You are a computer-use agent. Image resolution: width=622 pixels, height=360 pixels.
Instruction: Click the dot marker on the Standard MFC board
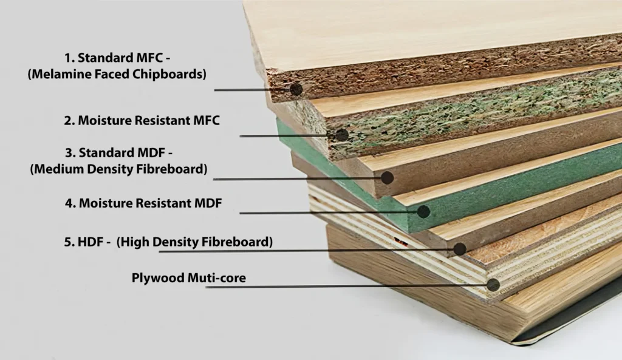pyautogui.click(x=296, y=89)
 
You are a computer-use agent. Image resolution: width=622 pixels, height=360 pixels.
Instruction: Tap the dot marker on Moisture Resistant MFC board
pyautogui.click(x=342, y=135)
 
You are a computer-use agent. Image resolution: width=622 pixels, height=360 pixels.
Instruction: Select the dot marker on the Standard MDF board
pyautogui.click(x=387, y=177)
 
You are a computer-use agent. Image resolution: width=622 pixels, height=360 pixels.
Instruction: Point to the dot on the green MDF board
pyautogui.click(x=423, y=211)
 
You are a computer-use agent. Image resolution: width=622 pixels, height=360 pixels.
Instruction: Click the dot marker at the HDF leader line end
pyautogui.click(x=460, y=249)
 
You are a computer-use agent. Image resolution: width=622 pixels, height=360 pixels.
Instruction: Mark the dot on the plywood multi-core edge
pyautogui.click(x=493, y=285)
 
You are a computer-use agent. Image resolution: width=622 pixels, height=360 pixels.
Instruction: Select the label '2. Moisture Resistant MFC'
pyautogui.click(x=142, y=120)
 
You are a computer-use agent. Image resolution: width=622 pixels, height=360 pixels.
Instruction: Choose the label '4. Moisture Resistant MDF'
pyautogui.click(x=143, y=203)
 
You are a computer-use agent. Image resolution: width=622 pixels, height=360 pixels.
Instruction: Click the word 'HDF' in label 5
pyautogui.click(x=91, y=242)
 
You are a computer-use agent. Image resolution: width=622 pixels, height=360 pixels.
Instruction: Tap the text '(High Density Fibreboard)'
pyautogui.click(x=194, y=242)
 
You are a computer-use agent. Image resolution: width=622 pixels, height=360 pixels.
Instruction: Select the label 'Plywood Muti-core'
pyautogui.click(x=189, y=278)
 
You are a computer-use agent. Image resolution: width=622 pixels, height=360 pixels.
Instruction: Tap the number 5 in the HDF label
pyautogui.click(x=67, y=242)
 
